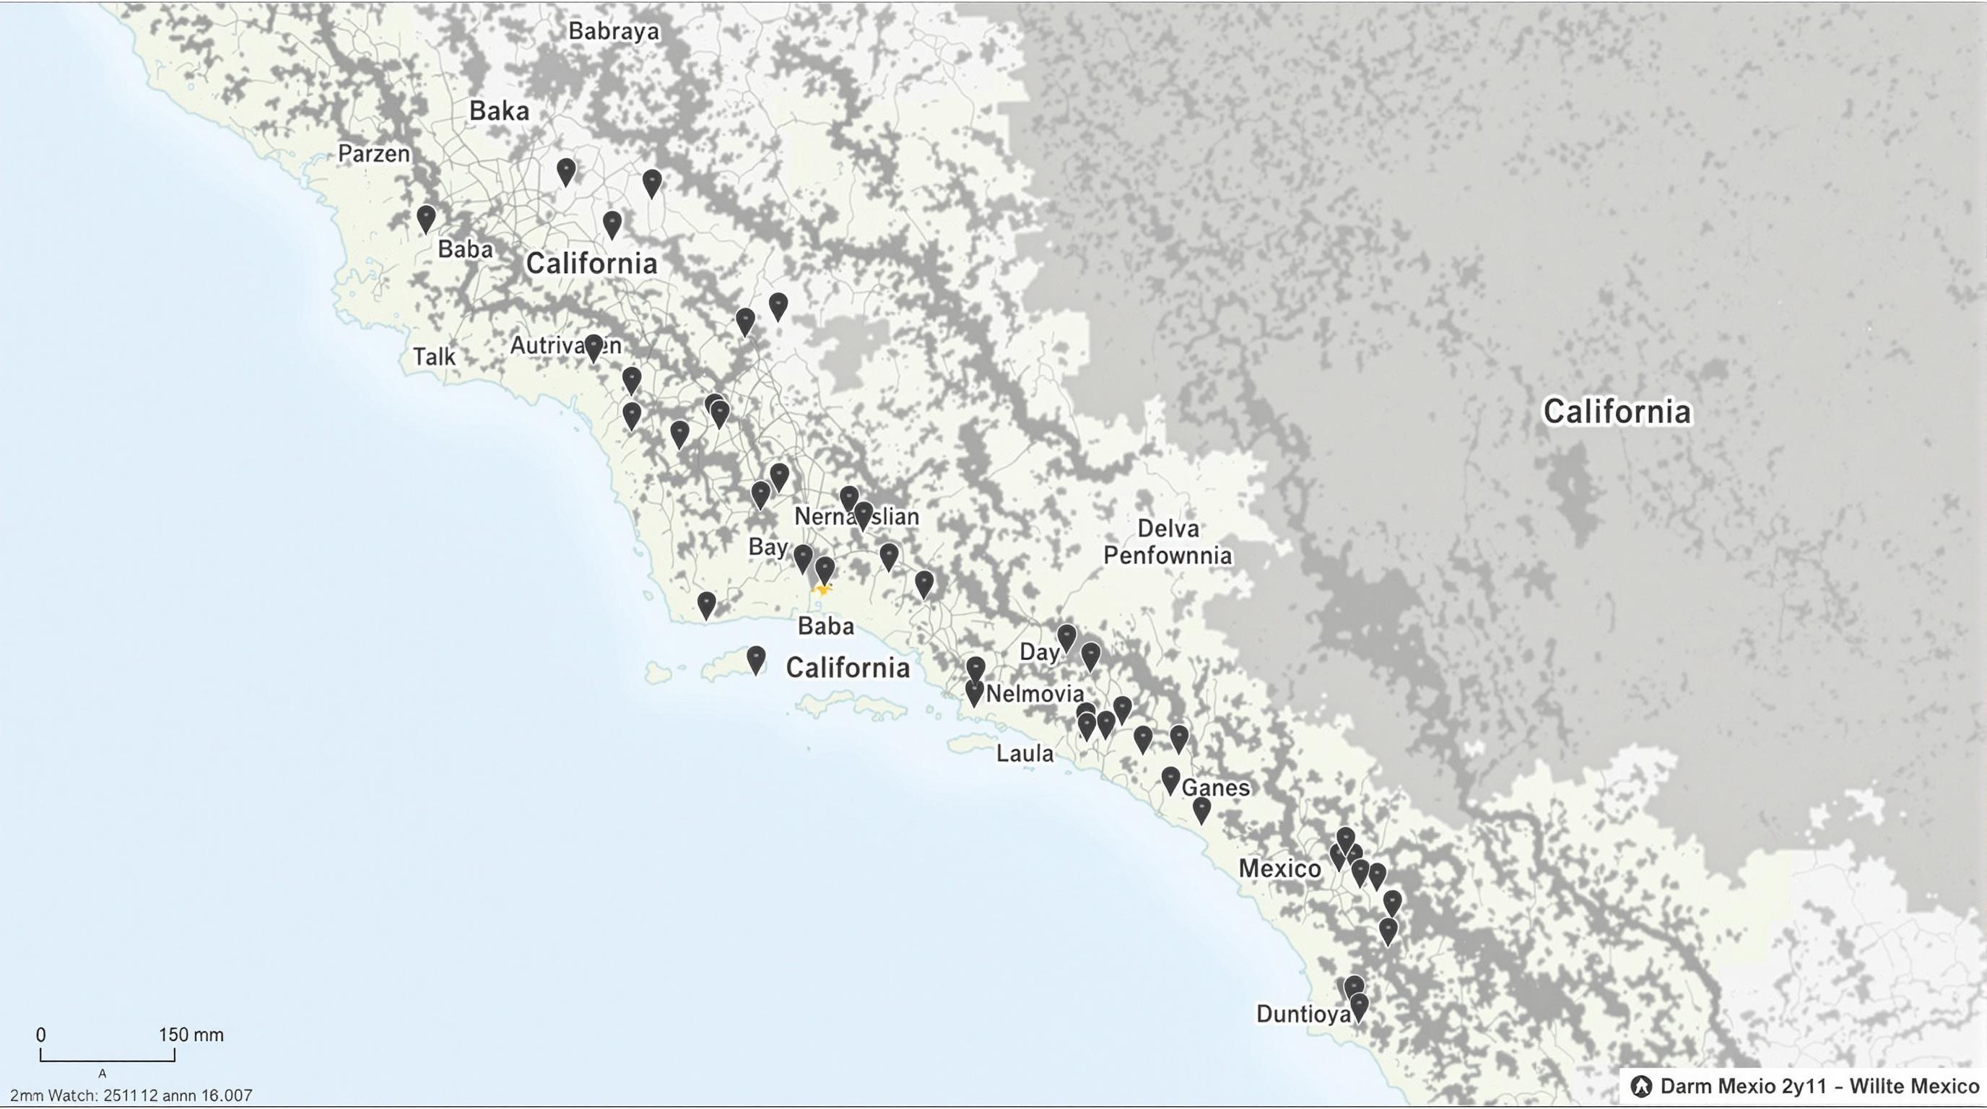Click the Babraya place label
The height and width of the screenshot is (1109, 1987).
614,32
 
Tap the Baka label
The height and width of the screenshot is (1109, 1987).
499,111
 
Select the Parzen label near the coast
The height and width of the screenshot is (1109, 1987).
374,154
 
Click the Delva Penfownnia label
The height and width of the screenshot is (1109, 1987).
1168,542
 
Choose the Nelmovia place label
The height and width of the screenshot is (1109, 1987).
1035,694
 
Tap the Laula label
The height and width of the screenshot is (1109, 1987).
1025,754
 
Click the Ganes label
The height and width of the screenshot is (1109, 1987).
1216,788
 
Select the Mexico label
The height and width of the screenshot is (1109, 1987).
1279,869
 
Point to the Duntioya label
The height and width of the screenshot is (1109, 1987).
1303,1014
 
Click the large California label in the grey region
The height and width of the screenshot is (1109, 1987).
1617,411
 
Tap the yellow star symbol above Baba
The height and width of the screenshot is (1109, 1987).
823,590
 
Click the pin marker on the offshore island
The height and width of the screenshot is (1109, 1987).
756,659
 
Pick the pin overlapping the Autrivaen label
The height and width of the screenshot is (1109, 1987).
594,347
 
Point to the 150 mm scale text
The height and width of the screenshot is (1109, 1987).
191,1035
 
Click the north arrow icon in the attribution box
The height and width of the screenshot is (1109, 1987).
1641,1087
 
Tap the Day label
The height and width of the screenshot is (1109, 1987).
1039,653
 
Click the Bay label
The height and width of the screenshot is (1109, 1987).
768,547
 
